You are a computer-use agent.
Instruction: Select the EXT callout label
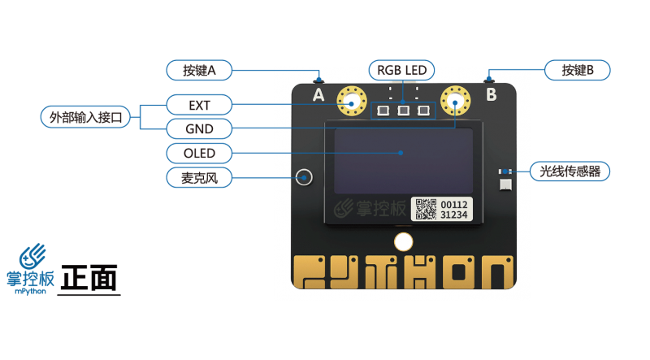tap(199, 105)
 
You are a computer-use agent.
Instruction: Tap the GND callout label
tap(199, 128)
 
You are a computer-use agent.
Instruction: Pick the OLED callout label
tap(199, 153)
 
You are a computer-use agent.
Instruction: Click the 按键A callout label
tap(199, 70)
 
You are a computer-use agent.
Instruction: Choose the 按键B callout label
tap(577, 70)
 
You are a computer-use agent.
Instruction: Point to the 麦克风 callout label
tap(199, 176)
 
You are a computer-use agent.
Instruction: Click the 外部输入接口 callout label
tap(85, 117)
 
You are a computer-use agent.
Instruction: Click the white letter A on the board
tap(318, 95)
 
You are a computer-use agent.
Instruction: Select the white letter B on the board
tap(491, 95)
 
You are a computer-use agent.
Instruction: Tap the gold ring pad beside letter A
tap(351, 102)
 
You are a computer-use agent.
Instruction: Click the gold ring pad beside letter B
tap(455, 102)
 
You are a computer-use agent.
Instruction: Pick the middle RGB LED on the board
tap(402, 110)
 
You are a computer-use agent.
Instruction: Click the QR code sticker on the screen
tap(426, 209)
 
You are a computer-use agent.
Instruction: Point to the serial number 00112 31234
tap(453, 209)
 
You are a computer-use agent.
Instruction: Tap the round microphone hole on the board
tap(305, 176)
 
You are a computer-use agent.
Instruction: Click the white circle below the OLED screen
tap(403, 241)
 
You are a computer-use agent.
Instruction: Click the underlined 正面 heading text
tap(89, 279)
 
